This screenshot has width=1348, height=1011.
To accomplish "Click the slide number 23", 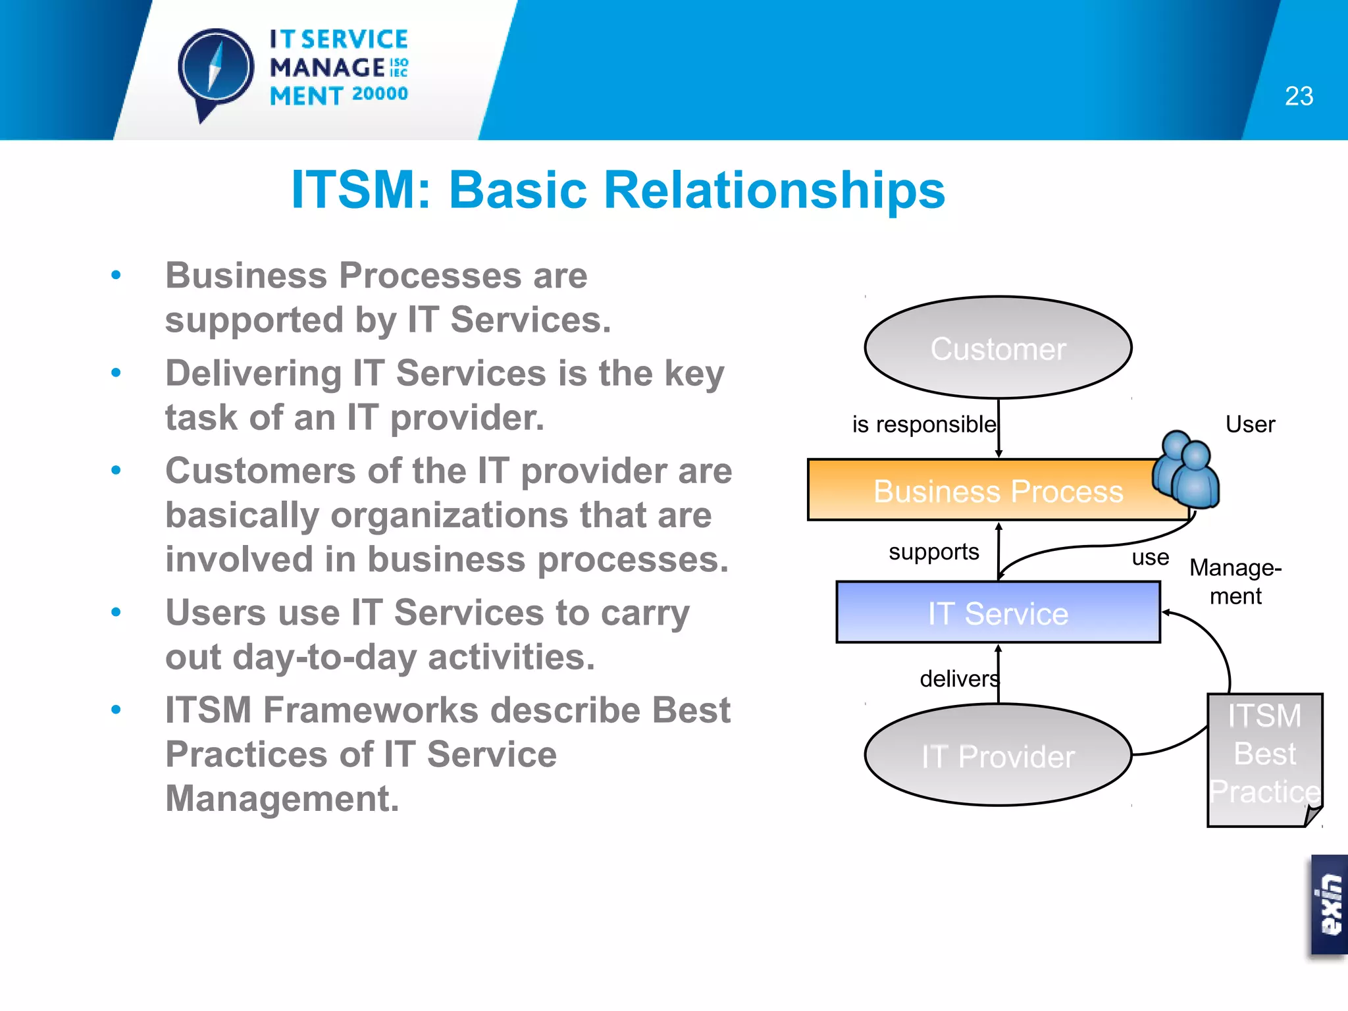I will pos(1299,96).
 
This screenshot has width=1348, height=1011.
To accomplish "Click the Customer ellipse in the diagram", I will pos(998,348).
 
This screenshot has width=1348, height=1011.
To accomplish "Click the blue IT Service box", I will pos(998,613).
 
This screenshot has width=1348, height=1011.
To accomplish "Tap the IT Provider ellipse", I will pos(998,756).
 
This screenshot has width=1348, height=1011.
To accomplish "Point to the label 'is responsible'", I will pos(923,425).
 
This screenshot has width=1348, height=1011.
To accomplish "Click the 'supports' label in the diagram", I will pos(933,552).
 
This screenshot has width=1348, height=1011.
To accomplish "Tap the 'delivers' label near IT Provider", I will pos(958,679).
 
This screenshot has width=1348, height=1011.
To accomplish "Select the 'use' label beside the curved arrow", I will pos(1150,557).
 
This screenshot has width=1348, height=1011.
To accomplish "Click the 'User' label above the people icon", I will pos(1250,425).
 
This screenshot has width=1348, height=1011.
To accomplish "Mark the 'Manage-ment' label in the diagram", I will pos(1235,581).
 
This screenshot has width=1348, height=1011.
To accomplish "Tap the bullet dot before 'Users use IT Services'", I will pos(117,612).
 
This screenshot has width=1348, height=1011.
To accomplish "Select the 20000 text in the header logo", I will pos(380,94).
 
